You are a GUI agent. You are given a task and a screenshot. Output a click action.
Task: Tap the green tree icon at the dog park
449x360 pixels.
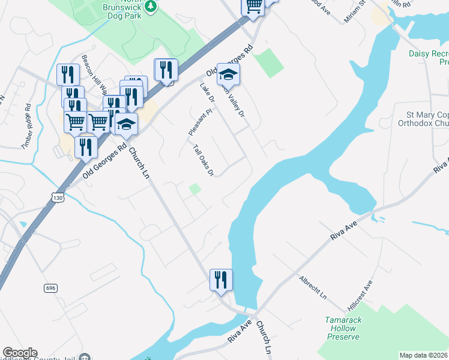click(x=152, y=6)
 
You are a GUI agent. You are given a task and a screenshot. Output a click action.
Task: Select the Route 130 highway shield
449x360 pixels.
click(x=57, y=197)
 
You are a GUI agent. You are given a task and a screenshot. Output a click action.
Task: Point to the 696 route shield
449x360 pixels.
click(x=50, y=289)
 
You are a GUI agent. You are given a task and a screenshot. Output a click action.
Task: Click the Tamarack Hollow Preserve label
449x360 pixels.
click(x=343, y=328)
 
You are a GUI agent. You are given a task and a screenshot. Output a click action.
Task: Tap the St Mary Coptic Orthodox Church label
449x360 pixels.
click(x=424, y=119)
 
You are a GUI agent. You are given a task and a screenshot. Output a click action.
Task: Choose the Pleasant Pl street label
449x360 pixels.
click(x=192, y=122)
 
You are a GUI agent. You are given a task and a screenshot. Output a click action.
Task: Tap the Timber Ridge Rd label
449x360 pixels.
click(x=27, y=126)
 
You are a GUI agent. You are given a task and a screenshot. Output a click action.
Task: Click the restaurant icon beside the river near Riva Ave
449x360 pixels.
click(x=220, y=280)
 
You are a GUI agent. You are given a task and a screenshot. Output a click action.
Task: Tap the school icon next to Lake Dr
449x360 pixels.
click(x=229, y=74)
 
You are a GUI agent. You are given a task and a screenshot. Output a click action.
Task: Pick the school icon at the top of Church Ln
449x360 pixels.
click(x=127, y=124)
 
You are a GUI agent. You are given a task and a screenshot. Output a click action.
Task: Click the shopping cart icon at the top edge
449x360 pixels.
click(x=253, y=5)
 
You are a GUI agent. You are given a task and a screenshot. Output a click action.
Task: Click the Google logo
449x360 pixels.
click(x=20, y=353)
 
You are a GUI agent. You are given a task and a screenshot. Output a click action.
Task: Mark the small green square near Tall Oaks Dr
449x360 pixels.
click(x=194, y=189)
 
